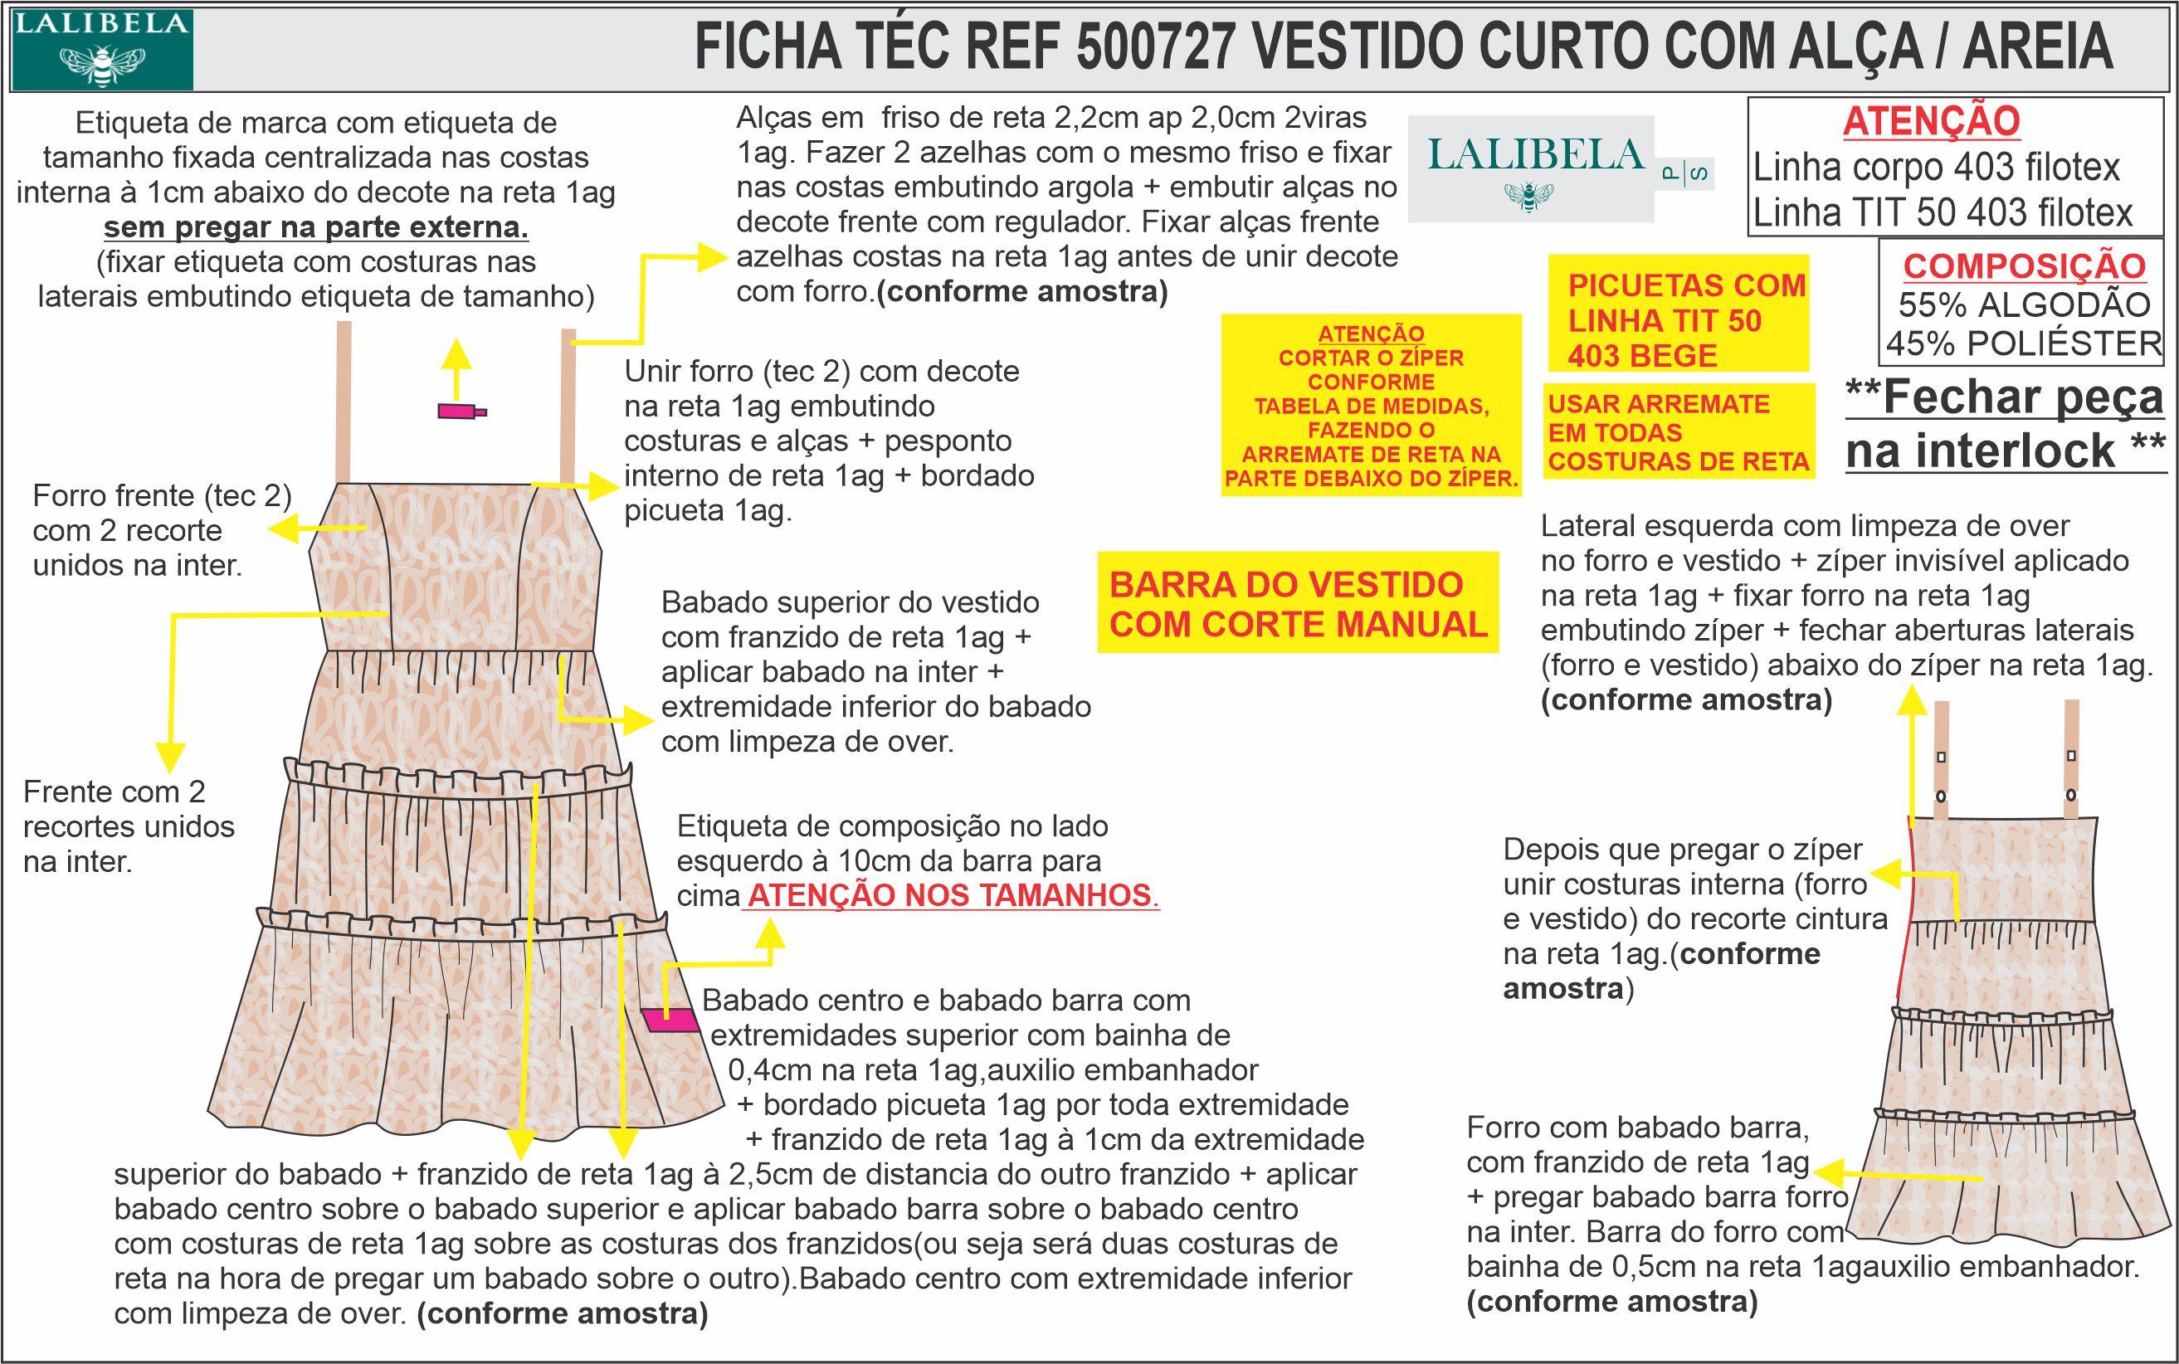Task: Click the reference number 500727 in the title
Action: pos(1154,47)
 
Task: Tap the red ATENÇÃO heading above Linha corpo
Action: pos(1930,121)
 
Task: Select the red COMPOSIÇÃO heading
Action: pos(2024,265)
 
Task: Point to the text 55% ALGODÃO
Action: pos(2024,305)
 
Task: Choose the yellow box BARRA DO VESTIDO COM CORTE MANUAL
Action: pos(1298,603)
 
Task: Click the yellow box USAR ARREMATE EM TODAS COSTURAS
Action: pos(1679,432)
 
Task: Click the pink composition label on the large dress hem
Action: pos(672,1020)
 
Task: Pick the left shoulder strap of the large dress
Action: pos(343,402)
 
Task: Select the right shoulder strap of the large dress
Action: pos(568,406)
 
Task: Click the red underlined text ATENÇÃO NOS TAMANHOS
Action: pos(951,896)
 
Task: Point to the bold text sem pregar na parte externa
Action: pos(316,227)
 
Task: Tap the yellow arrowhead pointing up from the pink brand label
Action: pos(456,352)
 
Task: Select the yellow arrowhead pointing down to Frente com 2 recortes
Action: pos(169,756)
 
